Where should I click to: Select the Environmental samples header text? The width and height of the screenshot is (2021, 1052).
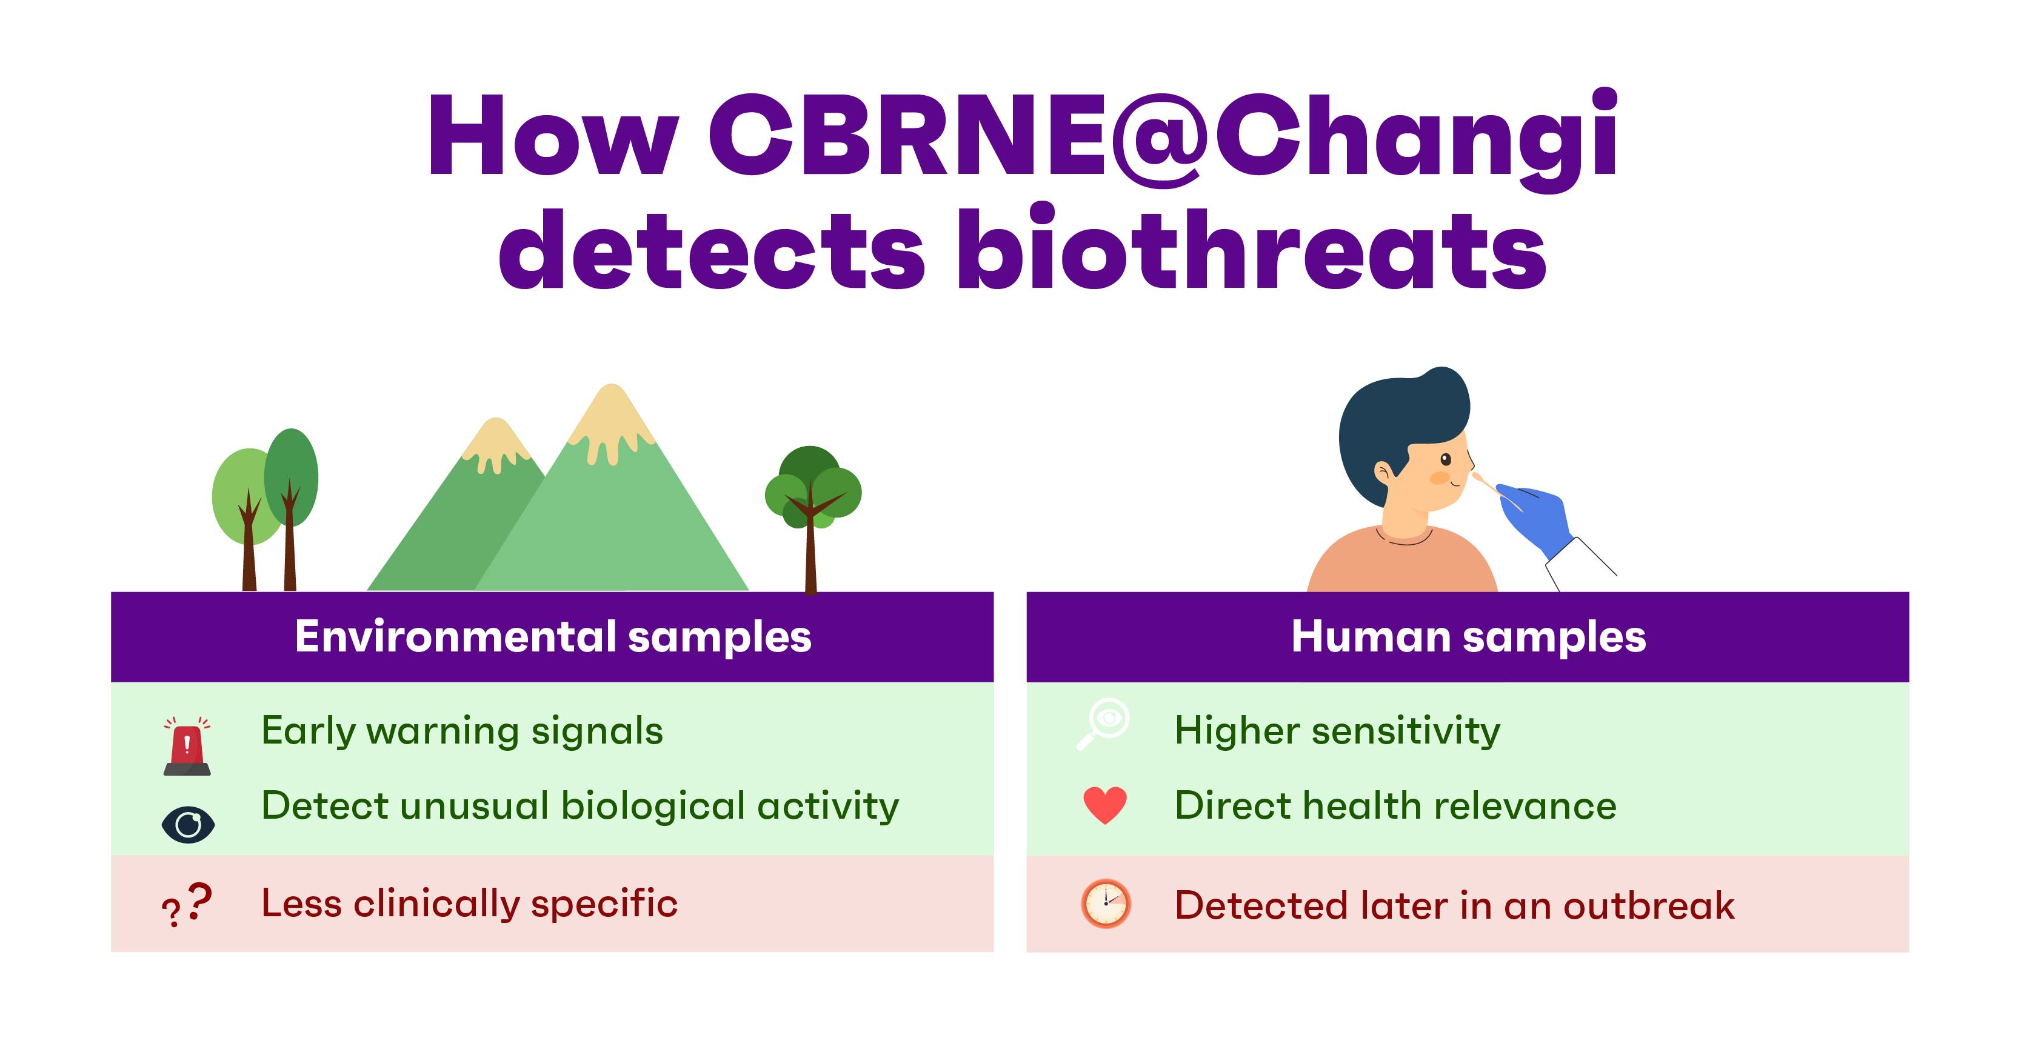(552, 636)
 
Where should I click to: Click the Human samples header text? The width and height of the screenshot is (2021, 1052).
(1468, 636)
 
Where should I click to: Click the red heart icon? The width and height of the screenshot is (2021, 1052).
(1104, 805)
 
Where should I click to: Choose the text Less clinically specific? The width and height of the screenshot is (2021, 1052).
(469, 903)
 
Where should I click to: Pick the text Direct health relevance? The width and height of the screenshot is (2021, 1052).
(1395, 806)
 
